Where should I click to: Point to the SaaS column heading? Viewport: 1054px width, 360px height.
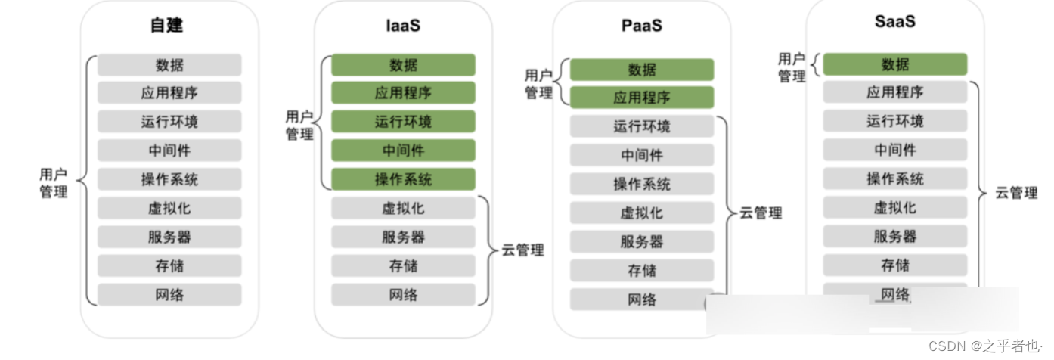pos(894,22)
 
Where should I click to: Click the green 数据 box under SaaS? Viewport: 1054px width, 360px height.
pos(894,64)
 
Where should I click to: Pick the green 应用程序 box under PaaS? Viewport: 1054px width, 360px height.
pos(641,98)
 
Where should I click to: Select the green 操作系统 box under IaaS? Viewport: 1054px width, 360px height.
pos(403,179)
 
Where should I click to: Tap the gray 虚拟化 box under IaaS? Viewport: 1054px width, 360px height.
pos(403,208)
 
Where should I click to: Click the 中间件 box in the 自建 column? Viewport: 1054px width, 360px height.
pos(169,151)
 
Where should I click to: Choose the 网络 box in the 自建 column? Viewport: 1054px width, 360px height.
pos(169,294)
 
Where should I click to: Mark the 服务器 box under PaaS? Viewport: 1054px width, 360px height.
pos(641,241)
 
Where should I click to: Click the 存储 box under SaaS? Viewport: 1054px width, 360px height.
pos(894,265)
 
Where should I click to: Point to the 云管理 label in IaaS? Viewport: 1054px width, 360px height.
pos(522,250)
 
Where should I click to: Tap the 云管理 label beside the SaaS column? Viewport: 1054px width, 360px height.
pos(1016,193)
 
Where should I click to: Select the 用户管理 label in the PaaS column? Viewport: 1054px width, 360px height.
pos(539,84)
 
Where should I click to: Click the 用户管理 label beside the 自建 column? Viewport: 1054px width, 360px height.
pos(53,183)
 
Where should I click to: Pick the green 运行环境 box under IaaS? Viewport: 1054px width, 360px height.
pos(403,122)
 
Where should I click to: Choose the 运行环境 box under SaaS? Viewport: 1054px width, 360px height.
pos(894,121)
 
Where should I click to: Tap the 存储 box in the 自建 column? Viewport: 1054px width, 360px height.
pos(169,265)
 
